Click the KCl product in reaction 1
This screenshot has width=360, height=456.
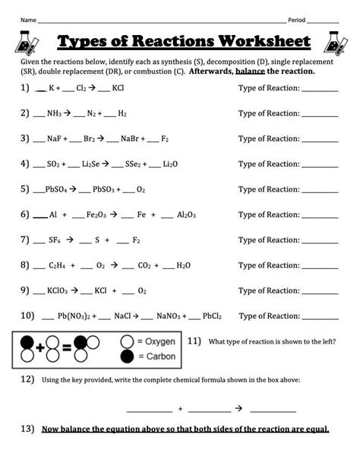(118, 88)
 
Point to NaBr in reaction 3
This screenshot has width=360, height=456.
(130, 139)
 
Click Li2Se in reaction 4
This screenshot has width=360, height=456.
(92, 163)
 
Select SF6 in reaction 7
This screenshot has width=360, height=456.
(52, 240)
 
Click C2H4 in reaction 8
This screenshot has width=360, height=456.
(55, 266)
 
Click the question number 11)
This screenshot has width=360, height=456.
(194, 340)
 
